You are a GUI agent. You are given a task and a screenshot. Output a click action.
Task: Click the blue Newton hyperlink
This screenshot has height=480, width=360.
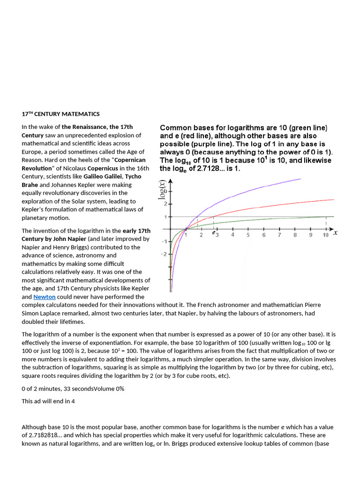(x=45, y=297)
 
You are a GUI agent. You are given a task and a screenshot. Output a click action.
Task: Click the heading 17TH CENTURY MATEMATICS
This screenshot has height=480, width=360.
(x=60, y=114)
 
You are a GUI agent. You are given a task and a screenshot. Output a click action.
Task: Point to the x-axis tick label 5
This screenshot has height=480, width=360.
(x=248, y=235)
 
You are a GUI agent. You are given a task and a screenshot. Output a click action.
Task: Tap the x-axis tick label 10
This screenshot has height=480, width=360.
(x=325, y=235)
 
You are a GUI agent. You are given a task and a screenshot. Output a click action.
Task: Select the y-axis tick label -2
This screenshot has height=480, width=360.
(x=164, y=254)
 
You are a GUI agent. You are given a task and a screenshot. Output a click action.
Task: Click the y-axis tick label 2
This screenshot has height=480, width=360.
(x=165, y=204)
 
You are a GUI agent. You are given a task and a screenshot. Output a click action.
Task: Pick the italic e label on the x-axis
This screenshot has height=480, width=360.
(x=213, y=232)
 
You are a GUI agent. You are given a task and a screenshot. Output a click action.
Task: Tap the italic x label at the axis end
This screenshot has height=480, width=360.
(x=336, y=232)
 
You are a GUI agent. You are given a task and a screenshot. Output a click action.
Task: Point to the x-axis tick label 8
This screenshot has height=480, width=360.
(x=294, y=235)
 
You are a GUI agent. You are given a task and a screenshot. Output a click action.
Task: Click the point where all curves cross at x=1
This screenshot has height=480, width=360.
(x=186, y=229)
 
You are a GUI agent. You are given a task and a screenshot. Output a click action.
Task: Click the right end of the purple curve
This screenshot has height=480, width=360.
(x=300, y=178)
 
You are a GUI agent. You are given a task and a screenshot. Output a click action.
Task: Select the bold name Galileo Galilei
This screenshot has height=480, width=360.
(x=103, y=176)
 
